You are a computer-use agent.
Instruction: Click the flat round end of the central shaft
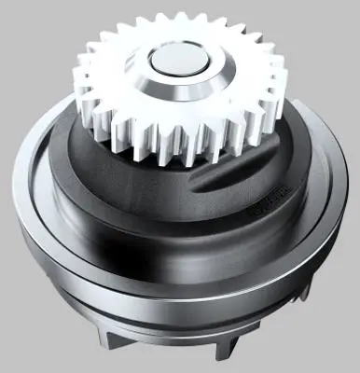(178, 64)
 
